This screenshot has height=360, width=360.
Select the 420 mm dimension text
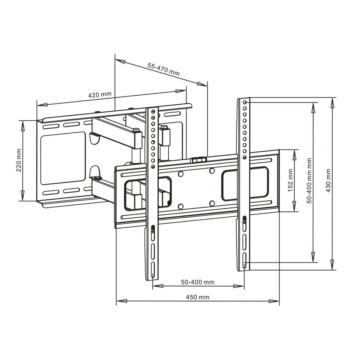coord(100,95)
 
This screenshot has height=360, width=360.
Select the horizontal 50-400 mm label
coord(197,282)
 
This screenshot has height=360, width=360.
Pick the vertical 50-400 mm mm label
coord(309,181)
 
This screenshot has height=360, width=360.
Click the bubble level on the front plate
coord(198,160)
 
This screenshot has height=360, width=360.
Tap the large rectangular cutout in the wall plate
coord(63,158)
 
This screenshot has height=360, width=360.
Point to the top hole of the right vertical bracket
coord(245,102)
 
